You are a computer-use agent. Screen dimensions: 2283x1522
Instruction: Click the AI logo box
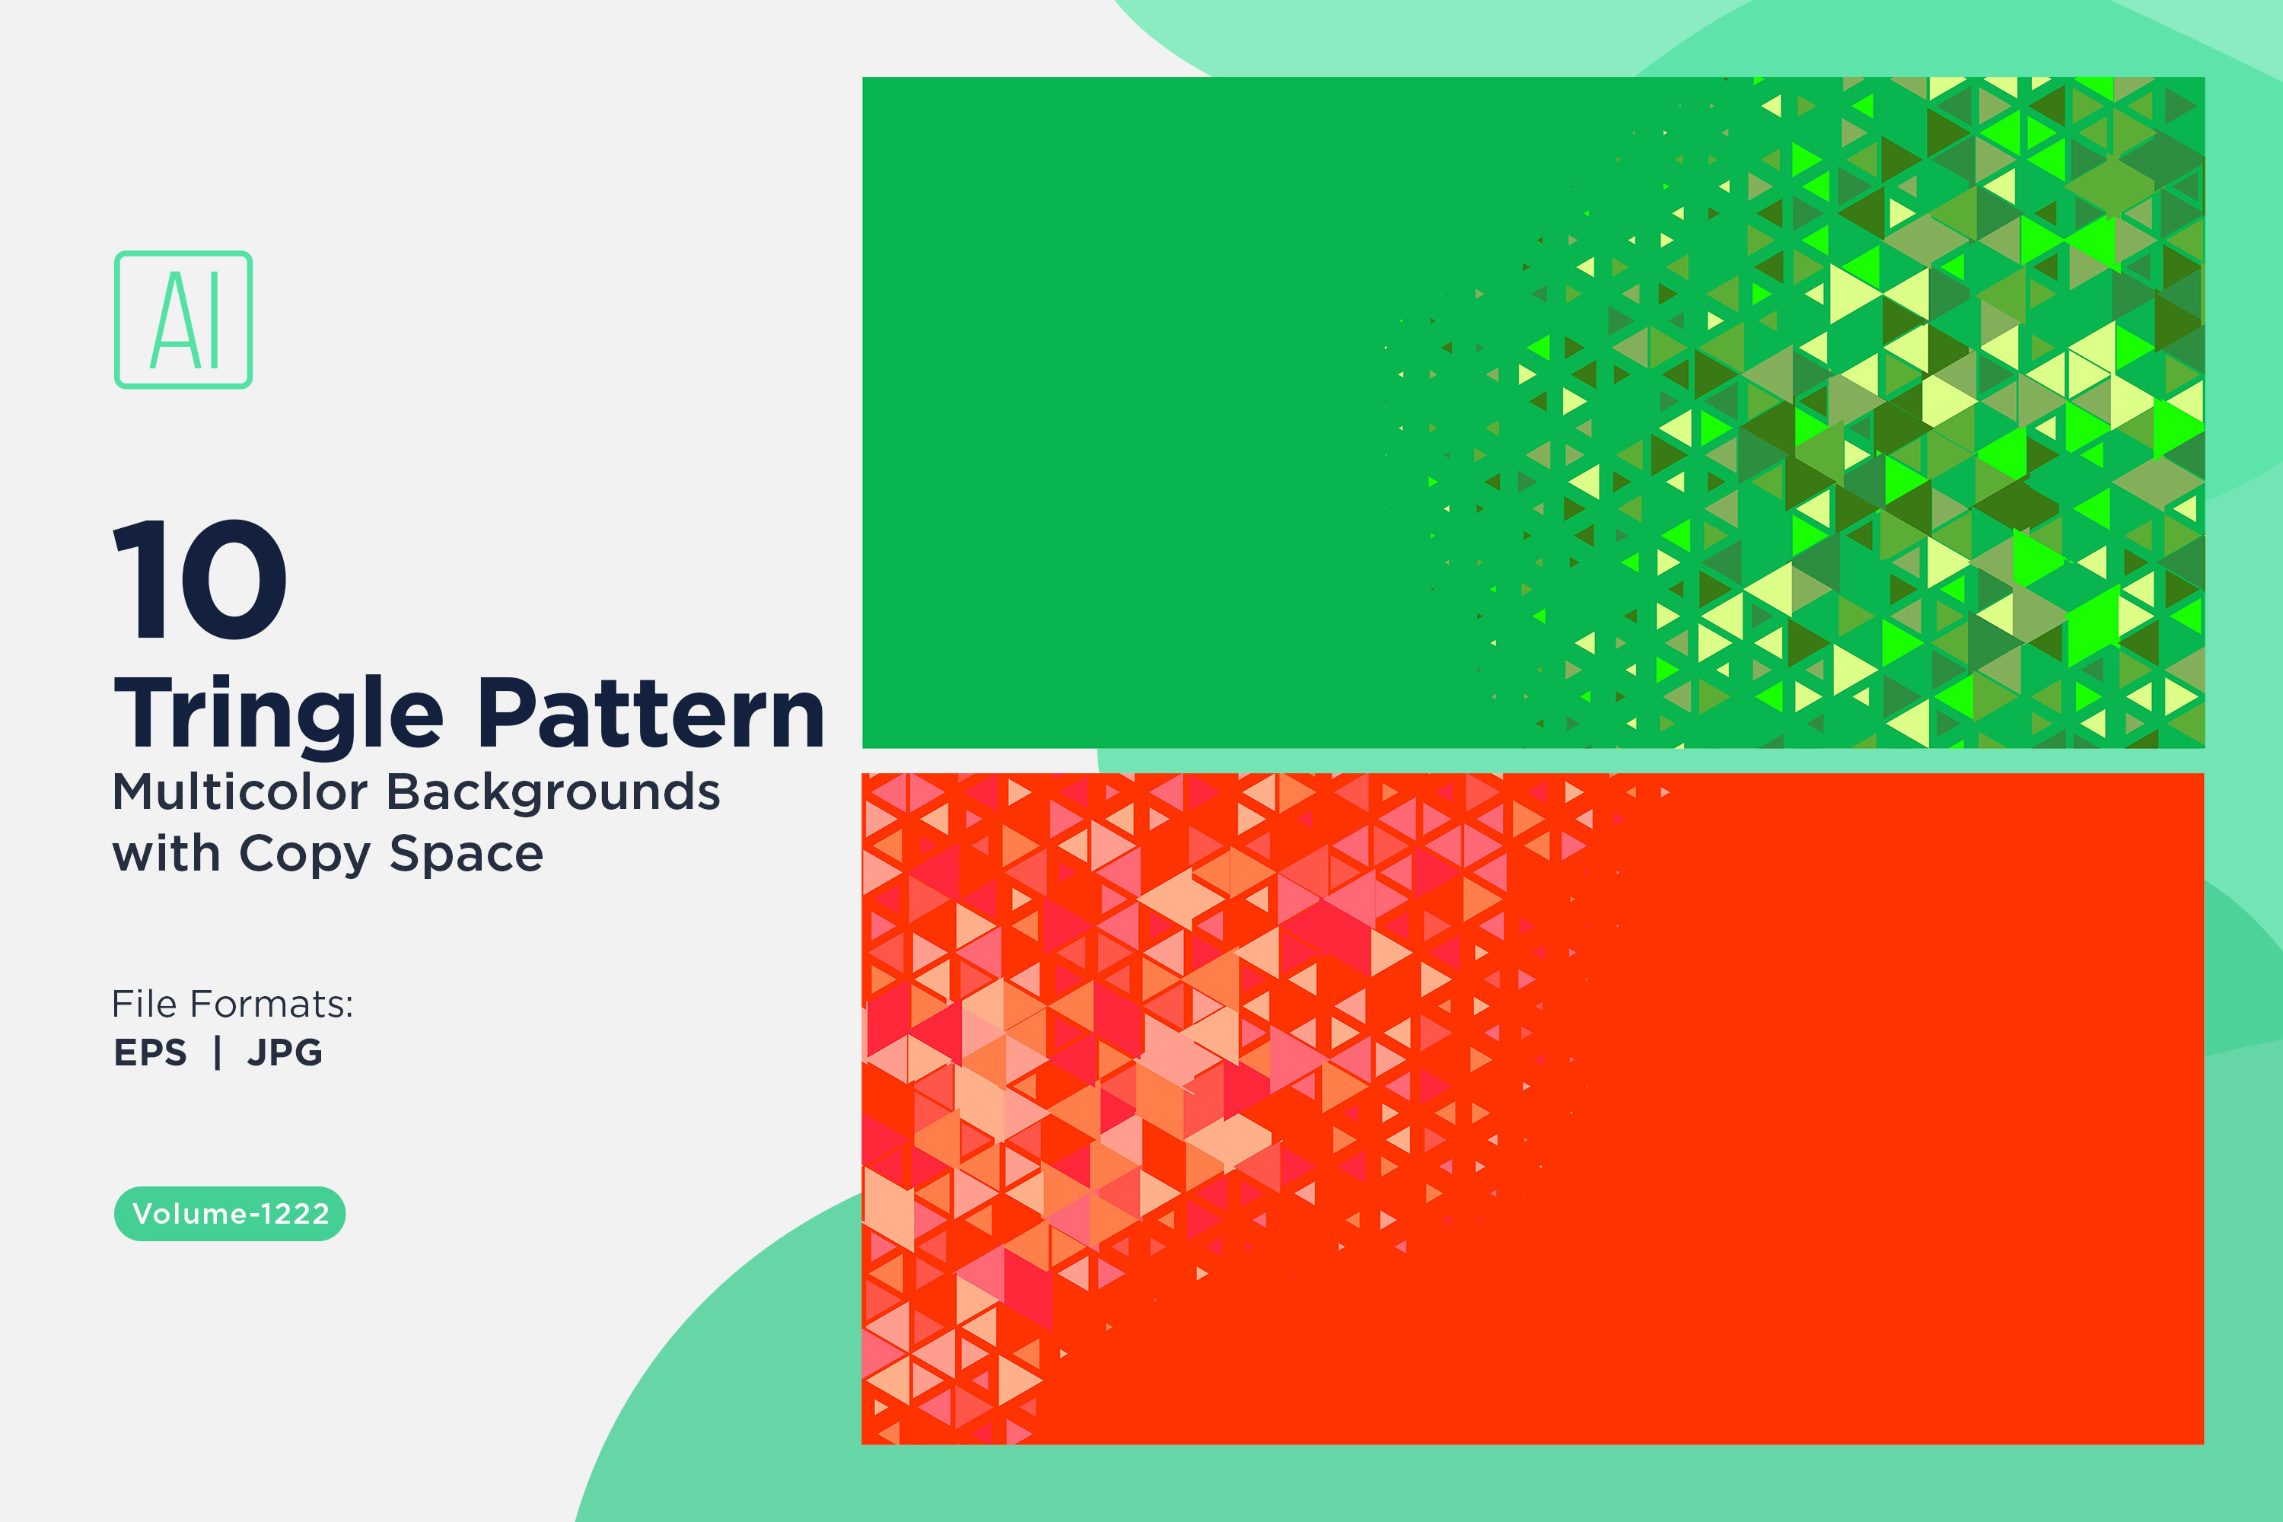point(183,320)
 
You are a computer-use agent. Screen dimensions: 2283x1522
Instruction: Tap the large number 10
point(200,579)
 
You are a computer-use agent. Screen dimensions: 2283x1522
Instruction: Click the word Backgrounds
point(554,792)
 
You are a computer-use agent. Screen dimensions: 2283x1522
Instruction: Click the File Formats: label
point(233,1004)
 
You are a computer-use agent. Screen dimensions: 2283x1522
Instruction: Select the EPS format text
point(151,1052)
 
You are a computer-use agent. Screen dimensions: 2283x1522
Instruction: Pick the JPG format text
point(285,1052)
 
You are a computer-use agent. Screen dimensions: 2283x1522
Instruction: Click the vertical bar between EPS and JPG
point(218,1052)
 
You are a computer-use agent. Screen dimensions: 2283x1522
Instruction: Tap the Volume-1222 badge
point(230,1213)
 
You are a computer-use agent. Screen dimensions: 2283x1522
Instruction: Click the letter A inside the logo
point(170,320)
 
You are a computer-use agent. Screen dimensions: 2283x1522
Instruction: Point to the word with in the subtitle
point(166,853)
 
